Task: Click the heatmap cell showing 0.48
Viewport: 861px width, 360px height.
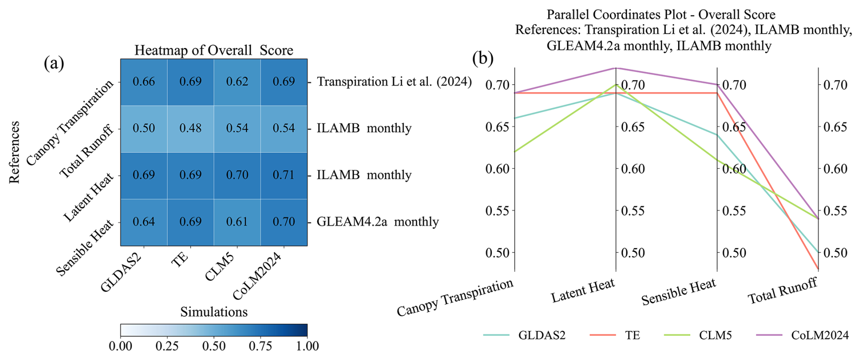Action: (x=190, y=128)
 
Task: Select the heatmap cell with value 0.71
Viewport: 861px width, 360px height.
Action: (x=284, y=175)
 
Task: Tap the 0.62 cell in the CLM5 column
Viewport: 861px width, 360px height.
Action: (x=237, y=82)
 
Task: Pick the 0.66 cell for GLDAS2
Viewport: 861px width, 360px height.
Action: (x=144, y=82)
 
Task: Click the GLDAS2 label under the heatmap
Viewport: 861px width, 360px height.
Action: (x=122, y=272)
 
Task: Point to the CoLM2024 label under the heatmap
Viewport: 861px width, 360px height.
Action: (x=257, y=276)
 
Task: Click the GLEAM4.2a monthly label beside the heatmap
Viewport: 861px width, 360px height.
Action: (x=378, y=222)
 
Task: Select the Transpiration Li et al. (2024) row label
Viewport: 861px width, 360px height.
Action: (x=394, y=82)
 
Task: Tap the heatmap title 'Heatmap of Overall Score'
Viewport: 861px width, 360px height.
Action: (x=213, y=50)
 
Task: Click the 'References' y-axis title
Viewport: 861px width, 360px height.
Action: (x=15, y=152)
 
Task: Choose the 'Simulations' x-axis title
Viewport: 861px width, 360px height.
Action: (x=214, y=312)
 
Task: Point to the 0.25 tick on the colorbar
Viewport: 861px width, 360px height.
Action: (x=167, y=346)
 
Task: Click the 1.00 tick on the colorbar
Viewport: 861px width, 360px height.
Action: (x=308, y=346)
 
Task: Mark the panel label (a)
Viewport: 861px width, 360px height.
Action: (x=54, y=63)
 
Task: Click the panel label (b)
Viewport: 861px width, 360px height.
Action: (x=483, y=58)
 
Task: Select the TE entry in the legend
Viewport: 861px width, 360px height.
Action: (x=632, y=335)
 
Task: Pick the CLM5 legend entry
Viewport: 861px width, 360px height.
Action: (x=715, y=335)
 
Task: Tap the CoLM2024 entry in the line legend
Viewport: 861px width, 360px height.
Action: (x=820, y=335)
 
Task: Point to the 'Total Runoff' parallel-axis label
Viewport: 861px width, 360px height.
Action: (x=783, y=291)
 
